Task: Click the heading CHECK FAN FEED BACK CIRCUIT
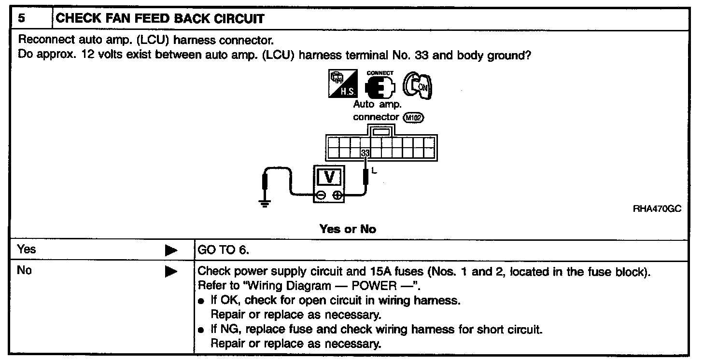point(160,19)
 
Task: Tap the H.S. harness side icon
point(344,85)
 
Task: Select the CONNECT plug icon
point(380,87)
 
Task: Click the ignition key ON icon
point(418,86)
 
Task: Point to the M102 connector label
point(414,117)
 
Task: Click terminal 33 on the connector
point(366,153)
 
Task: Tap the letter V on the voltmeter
point(330,177)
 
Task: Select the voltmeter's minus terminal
point(321,195)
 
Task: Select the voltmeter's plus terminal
point(338,195)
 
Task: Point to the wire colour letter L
point(374,170)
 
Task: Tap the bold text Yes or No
point(347,229)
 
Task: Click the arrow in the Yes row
point(171,250)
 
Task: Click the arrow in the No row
point(171,272)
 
